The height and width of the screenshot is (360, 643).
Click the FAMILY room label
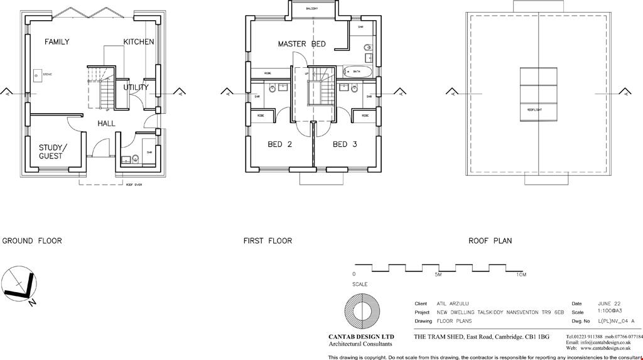57,42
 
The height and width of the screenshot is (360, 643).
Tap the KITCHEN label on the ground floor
138,42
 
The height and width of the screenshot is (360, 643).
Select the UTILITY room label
136,87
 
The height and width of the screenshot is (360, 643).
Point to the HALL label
106,124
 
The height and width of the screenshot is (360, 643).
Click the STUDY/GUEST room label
51,152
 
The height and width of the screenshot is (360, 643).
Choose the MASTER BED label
301,44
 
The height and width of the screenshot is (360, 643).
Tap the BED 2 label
279,145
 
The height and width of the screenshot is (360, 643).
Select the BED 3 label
345,145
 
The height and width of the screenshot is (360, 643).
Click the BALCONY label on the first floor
312,9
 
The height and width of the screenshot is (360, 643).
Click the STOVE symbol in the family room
37,75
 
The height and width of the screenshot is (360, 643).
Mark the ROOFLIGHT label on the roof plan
534,109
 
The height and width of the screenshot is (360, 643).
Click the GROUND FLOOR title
32,241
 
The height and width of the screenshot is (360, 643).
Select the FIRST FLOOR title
267,241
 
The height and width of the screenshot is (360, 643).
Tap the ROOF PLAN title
490,241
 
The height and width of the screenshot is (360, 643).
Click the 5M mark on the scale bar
438,275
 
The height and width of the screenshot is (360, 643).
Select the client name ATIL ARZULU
451,303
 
